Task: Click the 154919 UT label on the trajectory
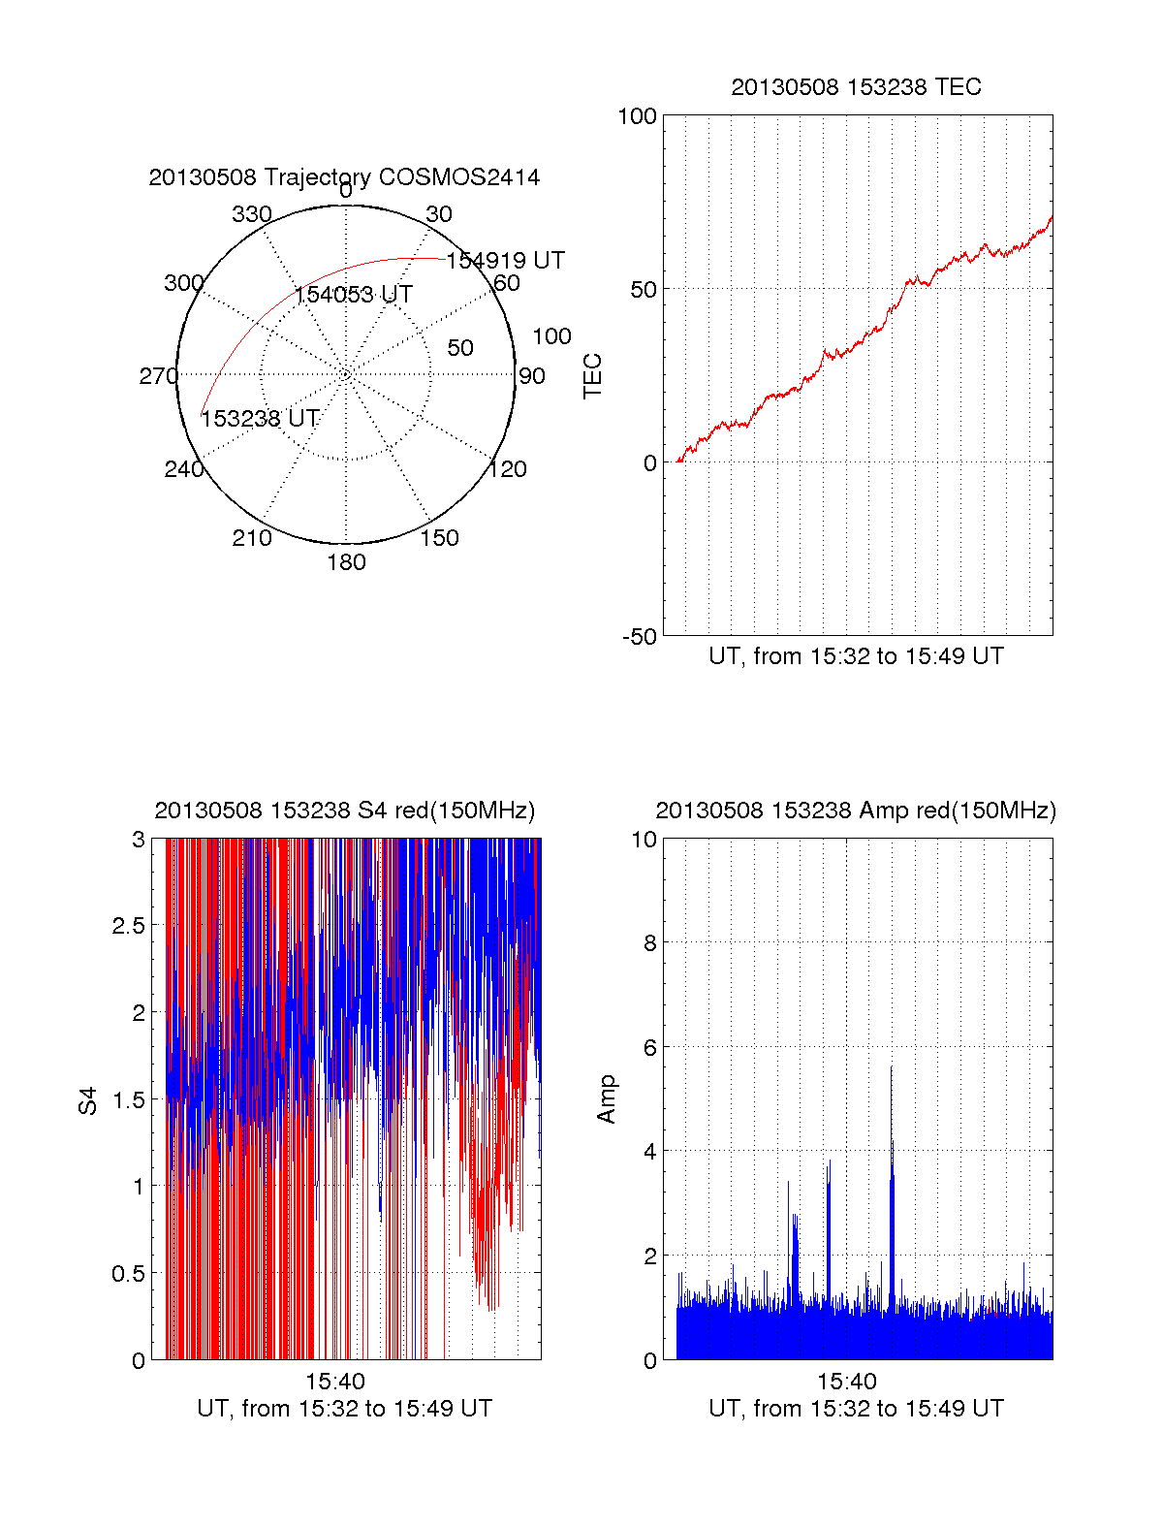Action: (505, 261)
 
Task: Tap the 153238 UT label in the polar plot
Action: (260, 419)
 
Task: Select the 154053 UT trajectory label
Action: (354, 295)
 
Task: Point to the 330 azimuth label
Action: (252, 214)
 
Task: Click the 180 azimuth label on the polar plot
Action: (346, 562)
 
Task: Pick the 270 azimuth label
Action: (158, 376)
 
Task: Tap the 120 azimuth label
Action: (508, 470)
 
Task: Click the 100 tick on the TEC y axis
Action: (637, 116)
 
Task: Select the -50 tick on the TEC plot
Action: (640, 637)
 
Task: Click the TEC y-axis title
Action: (592, 376)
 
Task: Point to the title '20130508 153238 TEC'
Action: (856, 87)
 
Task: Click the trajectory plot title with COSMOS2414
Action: (344, 177)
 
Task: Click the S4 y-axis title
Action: (88, 1100)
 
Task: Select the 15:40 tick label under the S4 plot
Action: (335, 1382)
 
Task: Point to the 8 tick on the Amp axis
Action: (650, 943)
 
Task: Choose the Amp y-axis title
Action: (607, 1099)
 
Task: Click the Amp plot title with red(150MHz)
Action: (856, 811)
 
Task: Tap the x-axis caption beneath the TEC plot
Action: (856, 656)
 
